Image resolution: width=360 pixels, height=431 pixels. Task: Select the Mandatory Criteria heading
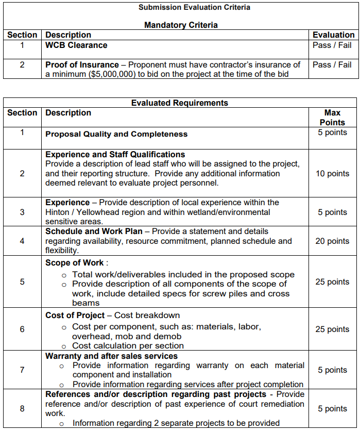181,25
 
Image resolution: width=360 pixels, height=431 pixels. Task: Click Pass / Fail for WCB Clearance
332,45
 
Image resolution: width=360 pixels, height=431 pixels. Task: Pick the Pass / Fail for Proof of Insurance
332,64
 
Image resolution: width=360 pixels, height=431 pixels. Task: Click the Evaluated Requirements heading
180,103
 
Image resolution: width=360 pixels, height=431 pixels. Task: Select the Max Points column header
332,117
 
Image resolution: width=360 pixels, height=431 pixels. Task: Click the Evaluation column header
334,35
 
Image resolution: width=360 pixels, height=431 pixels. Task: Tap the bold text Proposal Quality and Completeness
116,134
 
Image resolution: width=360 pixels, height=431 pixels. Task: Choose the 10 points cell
332,173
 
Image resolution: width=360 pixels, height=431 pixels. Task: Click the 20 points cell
332,241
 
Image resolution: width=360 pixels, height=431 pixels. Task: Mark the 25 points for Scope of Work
332,281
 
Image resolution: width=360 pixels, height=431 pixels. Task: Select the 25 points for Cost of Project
332,329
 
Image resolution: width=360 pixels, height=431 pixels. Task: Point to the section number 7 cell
22,370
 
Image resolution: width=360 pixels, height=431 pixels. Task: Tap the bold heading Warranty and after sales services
111,356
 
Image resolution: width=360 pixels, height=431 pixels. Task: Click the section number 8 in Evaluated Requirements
22,408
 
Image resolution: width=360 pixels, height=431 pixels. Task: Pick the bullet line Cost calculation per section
128,345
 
